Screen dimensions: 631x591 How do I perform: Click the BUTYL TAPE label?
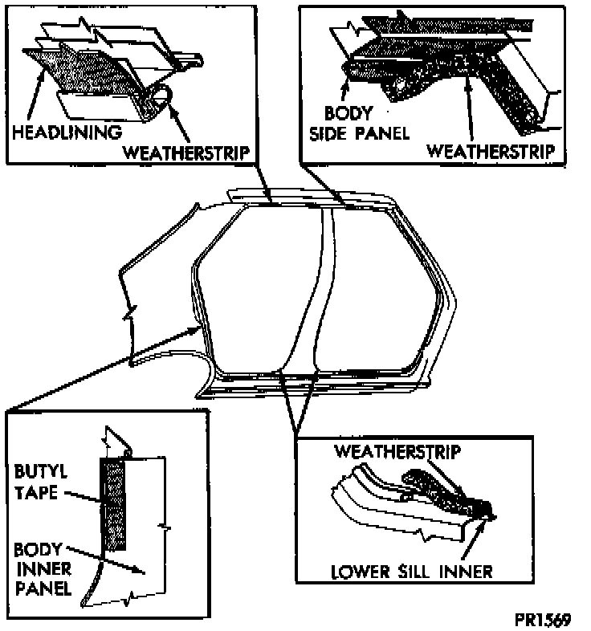point(37,480)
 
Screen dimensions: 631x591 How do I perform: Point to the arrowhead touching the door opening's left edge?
point(199,327)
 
